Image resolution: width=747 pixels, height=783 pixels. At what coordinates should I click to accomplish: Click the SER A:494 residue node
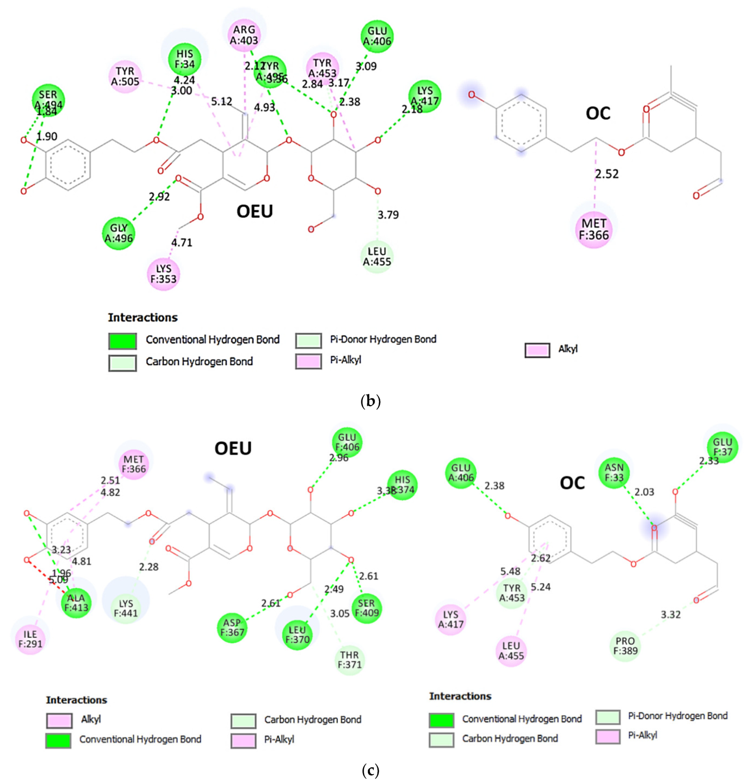(48, 100)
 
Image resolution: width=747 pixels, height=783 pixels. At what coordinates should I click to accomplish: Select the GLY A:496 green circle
(119, 233)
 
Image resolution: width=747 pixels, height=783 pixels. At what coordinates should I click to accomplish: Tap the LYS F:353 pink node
(164, 274)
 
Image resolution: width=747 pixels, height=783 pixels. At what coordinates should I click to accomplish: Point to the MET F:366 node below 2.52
(594, 229)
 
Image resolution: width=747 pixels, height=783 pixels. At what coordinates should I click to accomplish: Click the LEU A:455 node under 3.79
(377, 257)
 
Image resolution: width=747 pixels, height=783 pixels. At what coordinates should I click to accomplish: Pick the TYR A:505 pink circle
(125, 76)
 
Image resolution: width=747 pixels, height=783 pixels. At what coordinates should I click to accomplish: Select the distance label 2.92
(159, 197)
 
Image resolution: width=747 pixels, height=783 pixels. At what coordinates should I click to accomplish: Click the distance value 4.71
(182, 243)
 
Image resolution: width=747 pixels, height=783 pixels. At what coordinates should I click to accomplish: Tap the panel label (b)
(370, 401)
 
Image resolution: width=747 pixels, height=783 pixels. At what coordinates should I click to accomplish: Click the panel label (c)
(370, 770)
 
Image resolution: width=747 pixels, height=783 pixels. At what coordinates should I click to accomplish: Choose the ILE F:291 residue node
(30, 639)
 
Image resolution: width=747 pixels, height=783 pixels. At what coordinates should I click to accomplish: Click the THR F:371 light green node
(349, 659)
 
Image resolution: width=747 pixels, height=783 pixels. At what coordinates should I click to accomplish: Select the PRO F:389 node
(625, 646)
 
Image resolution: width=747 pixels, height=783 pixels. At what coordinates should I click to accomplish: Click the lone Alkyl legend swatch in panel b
(537, 350)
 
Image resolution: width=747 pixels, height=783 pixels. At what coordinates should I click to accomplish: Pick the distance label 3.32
(671, 615)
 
